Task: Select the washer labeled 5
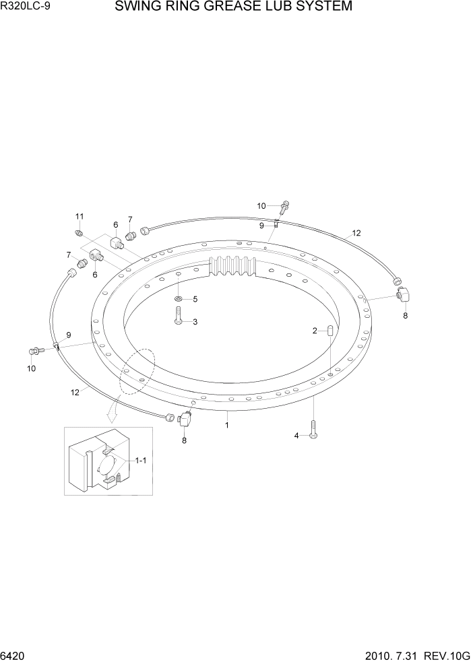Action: (x=177, y=298)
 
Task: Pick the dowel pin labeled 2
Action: (x=331, y=331)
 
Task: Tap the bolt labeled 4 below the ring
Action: (x=313, y=428)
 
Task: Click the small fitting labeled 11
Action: (x=80, y=233)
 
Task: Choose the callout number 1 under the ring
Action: (x=227, y=425)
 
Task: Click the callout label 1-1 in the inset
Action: (x=141, y=461)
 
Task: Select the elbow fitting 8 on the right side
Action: (x=404, y=294)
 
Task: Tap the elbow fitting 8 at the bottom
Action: (x=185, y=421)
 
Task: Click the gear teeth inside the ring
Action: (x=234, y=267)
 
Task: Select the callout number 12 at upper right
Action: (x=356, y=233)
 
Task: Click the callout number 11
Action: (x=80, y=216)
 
